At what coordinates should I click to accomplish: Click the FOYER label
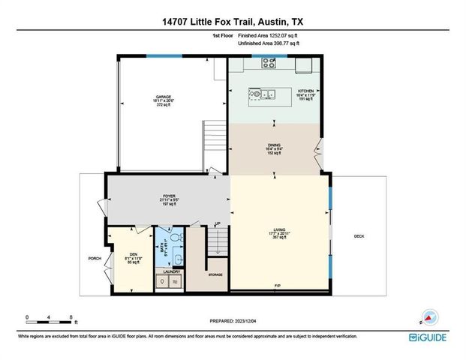[x=168, y=196]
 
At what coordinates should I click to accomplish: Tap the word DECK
[x=359, y=236]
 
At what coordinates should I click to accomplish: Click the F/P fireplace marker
[x=277, y=286]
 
